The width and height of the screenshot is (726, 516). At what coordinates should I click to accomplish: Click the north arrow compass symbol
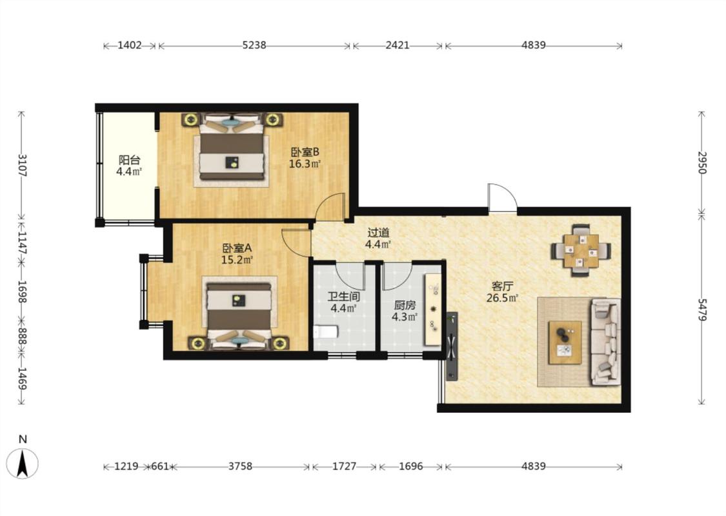click(23, 462)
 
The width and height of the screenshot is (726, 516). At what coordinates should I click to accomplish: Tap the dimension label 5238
click(254, 45)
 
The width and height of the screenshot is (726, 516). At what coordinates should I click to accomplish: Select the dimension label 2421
click(398, 45)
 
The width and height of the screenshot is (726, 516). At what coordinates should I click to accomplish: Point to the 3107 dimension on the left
click(22, 165)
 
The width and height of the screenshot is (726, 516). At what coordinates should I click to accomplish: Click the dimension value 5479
click(702, 310)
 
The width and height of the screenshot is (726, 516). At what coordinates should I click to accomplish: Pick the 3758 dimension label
click(240, 466)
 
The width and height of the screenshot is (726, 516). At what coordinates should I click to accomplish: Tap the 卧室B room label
click(305, 152)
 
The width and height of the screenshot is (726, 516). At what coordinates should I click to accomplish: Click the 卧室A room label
click(237, 248)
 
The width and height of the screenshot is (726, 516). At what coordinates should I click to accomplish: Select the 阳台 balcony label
click(129, 160)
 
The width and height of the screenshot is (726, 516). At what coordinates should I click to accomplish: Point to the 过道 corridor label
click(378, 233)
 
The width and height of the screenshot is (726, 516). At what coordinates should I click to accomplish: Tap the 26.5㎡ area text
click(502, 298)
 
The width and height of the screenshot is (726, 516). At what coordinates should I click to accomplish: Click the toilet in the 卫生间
click(325, 332)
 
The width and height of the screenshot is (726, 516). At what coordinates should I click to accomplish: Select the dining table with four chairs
click(581, 251)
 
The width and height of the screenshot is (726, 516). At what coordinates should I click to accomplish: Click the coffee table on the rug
click(565, 342)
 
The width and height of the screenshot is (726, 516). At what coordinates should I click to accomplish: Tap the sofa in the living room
click(605, 342)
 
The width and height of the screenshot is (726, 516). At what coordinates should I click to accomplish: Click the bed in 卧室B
click(232, 146)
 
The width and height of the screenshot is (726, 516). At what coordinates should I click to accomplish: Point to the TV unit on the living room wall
click(452, 346)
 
